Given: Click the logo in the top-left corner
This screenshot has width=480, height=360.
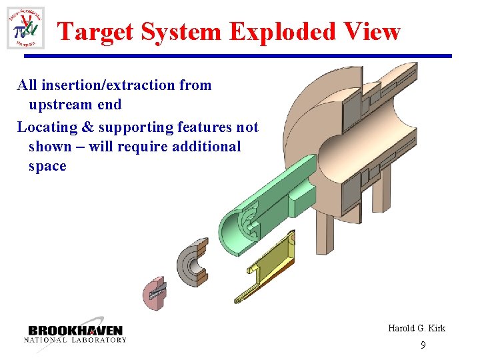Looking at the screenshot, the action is (25, 28).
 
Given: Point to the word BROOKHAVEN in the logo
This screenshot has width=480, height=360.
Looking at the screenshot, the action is (75, 331).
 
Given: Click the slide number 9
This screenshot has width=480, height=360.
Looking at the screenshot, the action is (423, 345).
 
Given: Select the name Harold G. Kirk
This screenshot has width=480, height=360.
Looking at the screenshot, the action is (417, 328).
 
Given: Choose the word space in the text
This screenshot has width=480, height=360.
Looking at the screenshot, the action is (47, 166).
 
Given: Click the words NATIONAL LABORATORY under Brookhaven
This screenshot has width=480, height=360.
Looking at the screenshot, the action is (75, 340).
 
